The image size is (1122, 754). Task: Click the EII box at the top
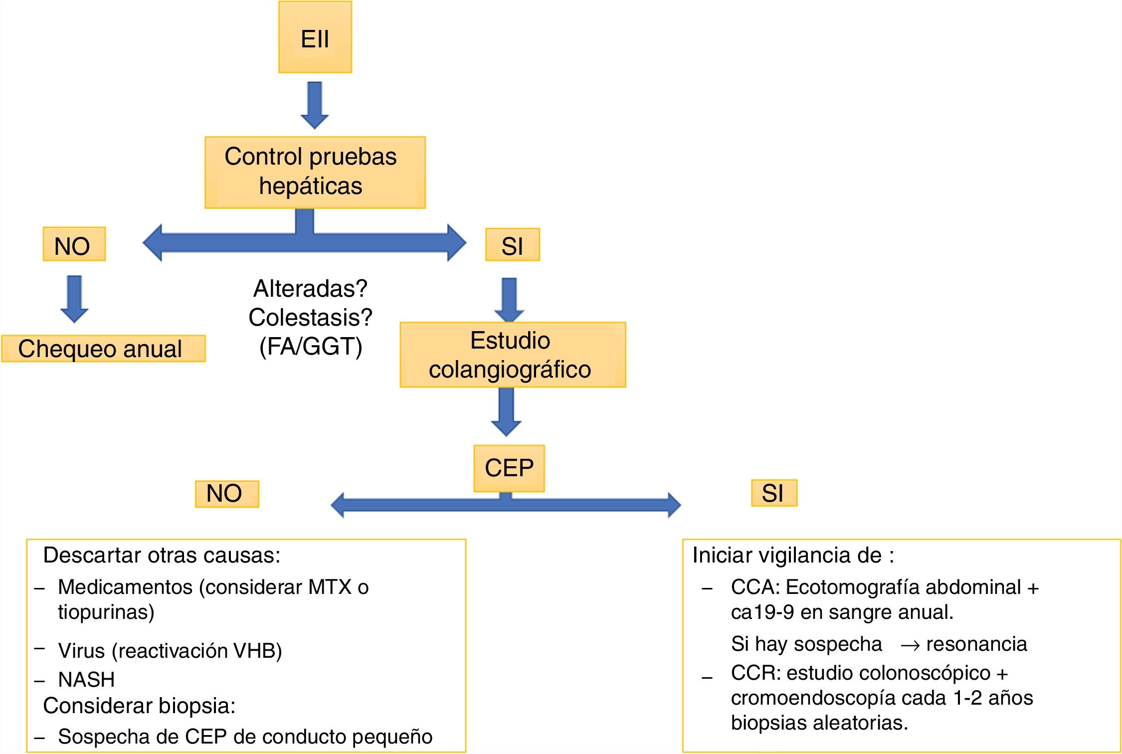(315, 37)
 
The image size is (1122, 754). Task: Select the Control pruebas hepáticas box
(315, 172)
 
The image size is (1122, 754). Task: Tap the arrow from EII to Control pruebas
(314, 105)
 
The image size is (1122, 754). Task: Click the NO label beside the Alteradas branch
(74, 244)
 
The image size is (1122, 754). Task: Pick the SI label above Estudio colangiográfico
(512, 245)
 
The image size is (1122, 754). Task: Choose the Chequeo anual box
(103, 349)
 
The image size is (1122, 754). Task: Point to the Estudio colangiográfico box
(512, 355)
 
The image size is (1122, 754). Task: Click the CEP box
(509, 468)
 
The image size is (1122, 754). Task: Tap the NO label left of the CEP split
(226, 494)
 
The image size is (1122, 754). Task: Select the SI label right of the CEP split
(773, 493)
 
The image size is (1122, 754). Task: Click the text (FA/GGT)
(311, 347)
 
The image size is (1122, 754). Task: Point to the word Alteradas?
(310, 288)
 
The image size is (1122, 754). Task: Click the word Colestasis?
(310, 317)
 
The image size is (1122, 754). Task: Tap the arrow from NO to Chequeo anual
(74, 298)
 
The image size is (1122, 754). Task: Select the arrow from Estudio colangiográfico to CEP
(506, 411)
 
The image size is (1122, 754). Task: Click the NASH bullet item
(86, 680)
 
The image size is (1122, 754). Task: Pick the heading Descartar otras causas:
(162, 556)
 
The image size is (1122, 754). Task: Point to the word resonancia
(976, 644)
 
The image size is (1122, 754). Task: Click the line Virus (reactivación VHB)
(170, 651)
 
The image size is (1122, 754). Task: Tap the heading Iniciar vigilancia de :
(793, 556)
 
